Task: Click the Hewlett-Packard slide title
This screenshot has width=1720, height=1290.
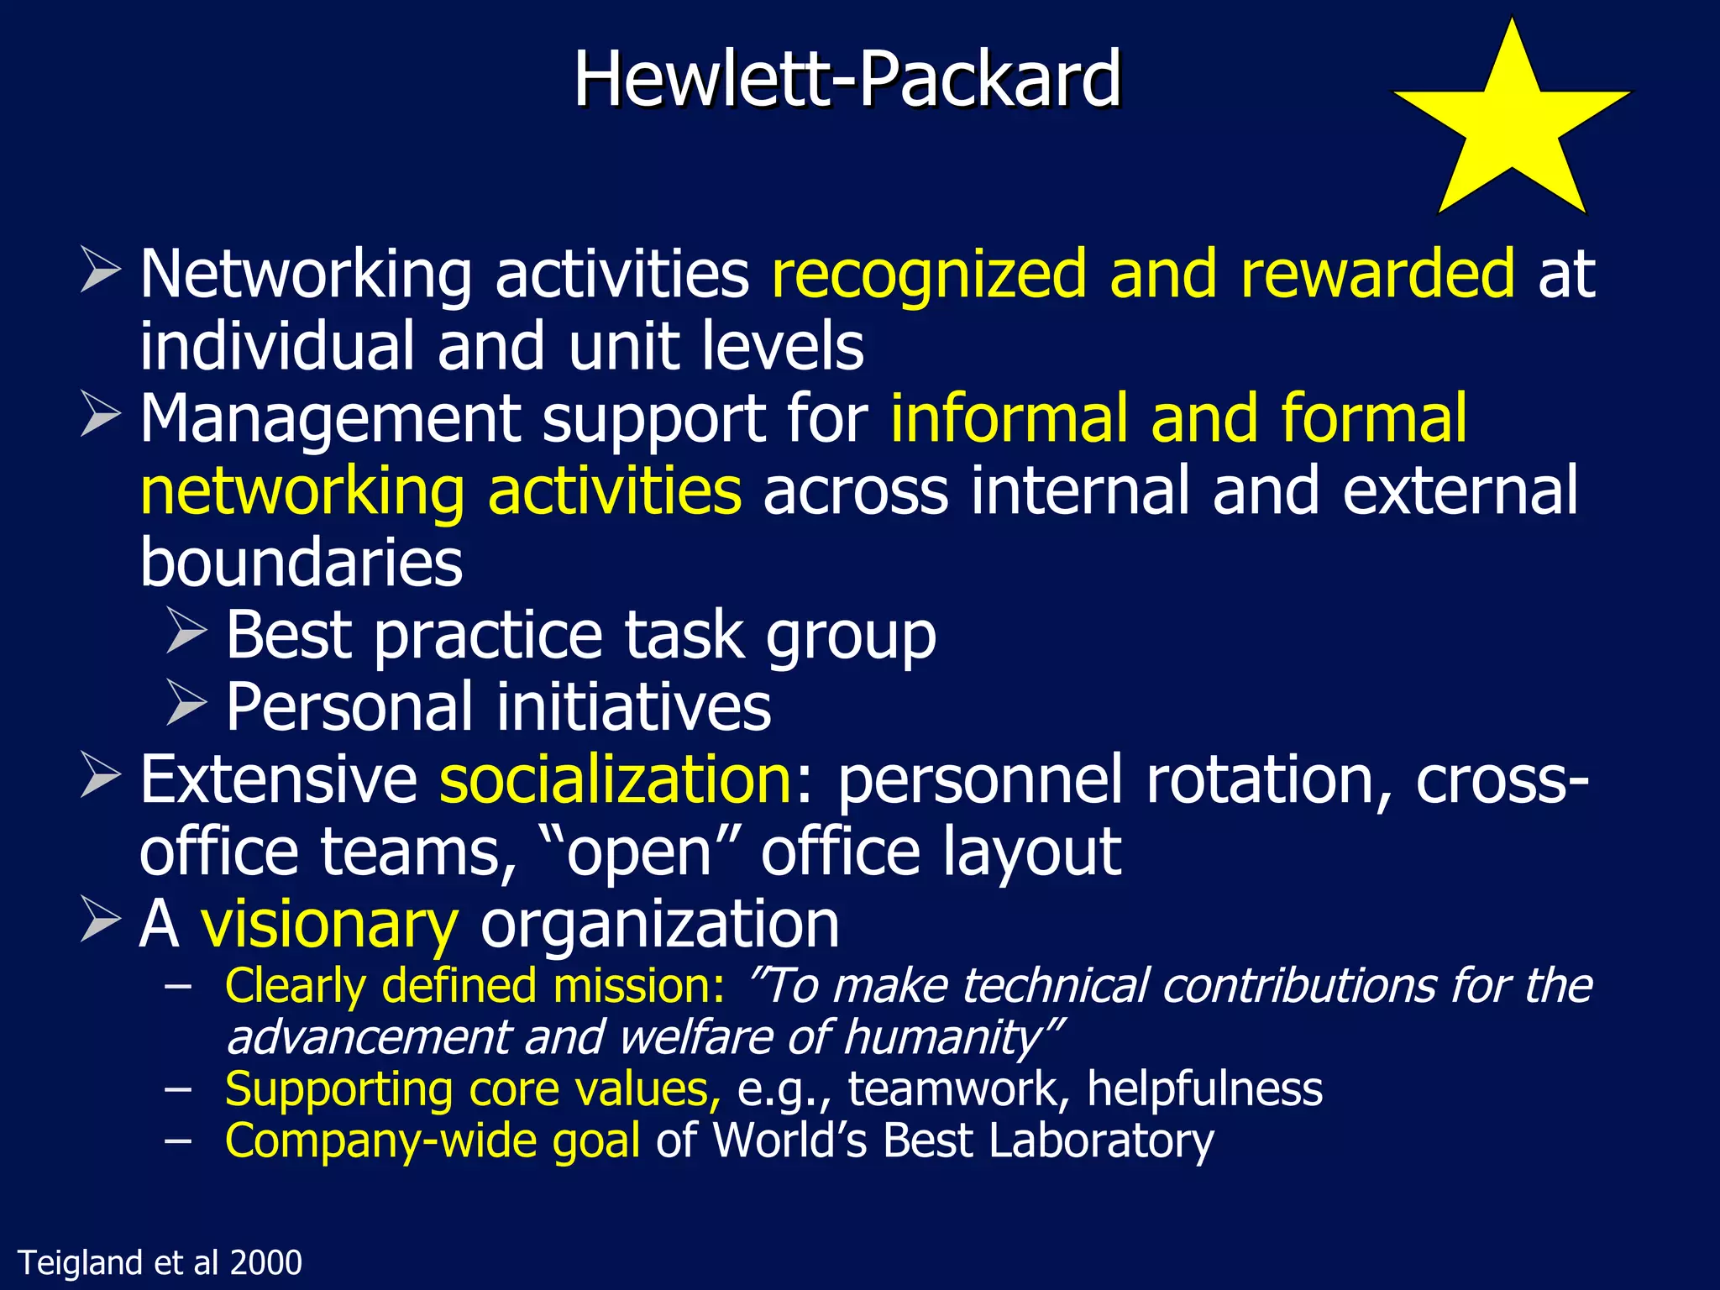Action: coord(847,79)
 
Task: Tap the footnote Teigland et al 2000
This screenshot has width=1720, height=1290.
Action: coord(160,1262)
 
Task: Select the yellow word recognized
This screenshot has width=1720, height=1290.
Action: coord(929,275)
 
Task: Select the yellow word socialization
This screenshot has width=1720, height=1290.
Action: coord(616,779)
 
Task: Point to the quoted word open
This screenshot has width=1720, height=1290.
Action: coord(639,853)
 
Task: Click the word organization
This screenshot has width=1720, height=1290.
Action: coord(659,924)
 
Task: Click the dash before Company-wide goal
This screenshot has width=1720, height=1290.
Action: coord(178,1141)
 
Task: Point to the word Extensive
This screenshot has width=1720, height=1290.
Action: coord(278,779)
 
